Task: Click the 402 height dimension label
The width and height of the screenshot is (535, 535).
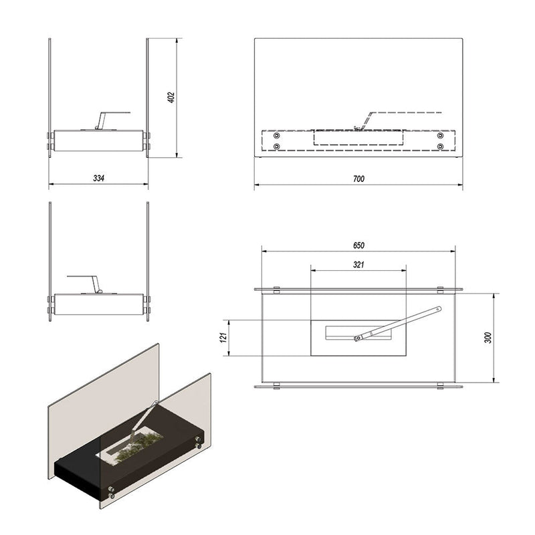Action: pos(171,97)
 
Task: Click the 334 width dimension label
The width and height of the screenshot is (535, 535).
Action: pos(98,178)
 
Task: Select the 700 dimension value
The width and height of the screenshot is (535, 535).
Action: pos(358,179)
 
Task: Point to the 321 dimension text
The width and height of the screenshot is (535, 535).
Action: pos(358,265)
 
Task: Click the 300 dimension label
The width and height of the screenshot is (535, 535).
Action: pos(488,337)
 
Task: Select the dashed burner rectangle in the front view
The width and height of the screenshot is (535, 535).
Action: pos(358,138)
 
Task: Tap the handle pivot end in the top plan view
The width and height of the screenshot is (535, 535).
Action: pos(358,338)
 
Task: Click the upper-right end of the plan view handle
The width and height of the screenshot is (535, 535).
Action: pos(437,309)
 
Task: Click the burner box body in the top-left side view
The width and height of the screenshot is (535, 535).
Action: pos(98,140)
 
